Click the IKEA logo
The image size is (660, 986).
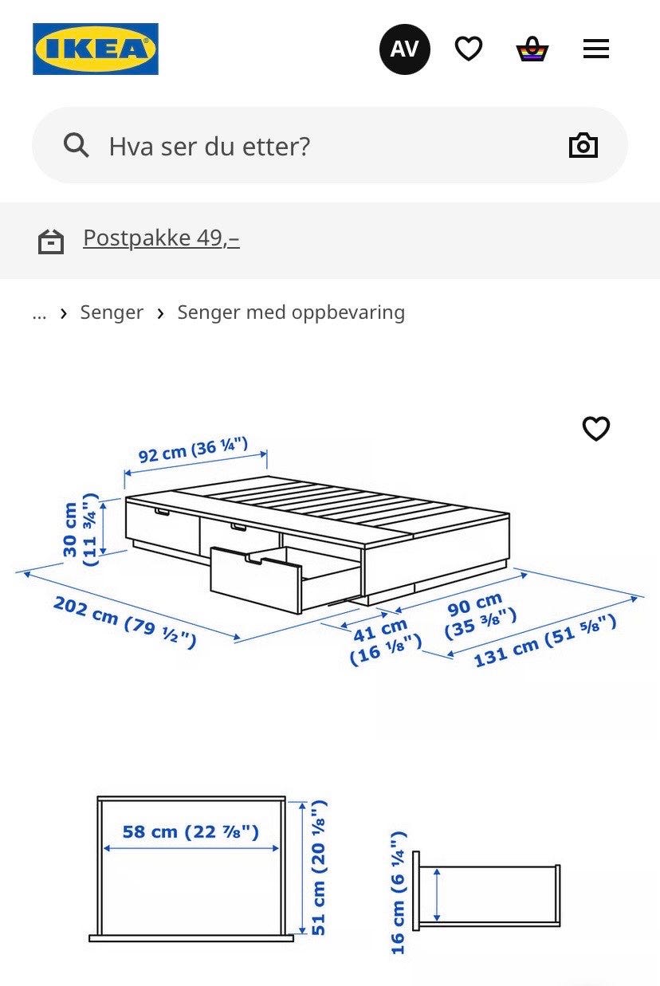pyautogui.click(x=96, y=49)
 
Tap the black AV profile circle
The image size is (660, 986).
pyautogui.click(x=405, y=49)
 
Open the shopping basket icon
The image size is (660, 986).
pyautogui.click(x=532, y=49)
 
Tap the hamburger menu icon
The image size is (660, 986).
pyautogui.click(x=596, y=49)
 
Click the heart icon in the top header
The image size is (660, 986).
pyautogui.click(x=469, y=49)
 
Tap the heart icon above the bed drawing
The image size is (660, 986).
pyautogui.click(x=596, y=428)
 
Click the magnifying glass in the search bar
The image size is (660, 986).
pyautogui.click(x=77, y=145)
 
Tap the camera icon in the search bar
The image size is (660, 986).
pyautogui.click(x=583, y=145)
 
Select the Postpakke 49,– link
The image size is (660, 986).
pyautogui.click(x=161, y=238)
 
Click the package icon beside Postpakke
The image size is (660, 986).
pyautogui.click(x=51, y=242)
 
